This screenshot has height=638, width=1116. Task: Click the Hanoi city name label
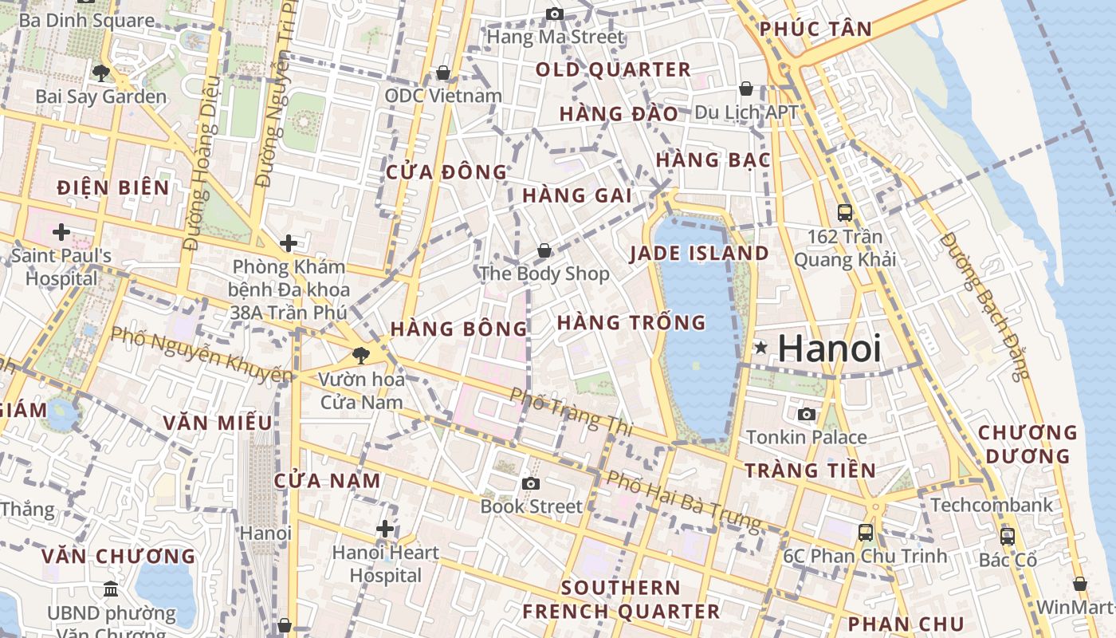(x=829, y=349)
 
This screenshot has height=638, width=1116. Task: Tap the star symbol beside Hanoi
(x=761, y=348)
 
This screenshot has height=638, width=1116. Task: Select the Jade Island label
(x=699, y=254)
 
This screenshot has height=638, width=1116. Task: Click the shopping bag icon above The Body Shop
(x=544, y=250)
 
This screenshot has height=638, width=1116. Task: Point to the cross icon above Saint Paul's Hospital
(x=61, y=232)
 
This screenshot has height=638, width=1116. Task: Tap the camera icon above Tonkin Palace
(x=807, y=414)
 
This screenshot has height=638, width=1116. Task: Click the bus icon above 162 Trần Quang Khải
(x=845, y=213)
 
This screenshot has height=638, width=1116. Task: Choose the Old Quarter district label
(x=613, y=69)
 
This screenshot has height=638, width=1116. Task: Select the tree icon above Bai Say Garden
(x=100, y=73)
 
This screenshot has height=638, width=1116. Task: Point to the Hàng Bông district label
(x=459, y=328)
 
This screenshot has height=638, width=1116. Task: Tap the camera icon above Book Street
(x=531, y=483)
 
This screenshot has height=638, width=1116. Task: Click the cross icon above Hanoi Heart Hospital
(x=385, y=529)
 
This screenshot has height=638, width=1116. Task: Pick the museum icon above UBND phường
(x=111, y=589)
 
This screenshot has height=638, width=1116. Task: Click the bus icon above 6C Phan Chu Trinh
(x=865, y=532)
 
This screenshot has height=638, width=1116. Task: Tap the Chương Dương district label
(x=1028, y=444)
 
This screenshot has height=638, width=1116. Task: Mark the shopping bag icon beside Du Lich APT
(x=746, y=89)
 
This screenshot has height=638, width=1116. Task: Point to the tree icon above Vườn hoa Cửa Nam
(x=362, y=356)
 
